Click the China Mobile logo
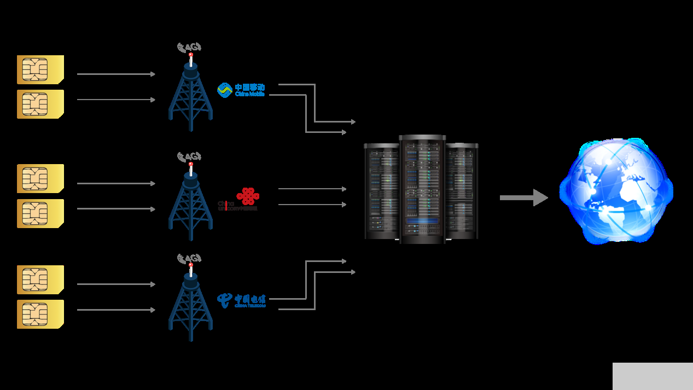point(241,90)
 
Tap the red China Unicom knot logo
point(248,196)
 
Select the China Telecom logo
point(241,300)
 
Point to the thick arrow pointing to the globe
point(523,197)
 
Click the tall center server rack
point(422,189)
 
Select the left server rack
point(382,191)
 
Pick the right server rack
point(462,191)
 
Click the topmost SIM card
point(40,69)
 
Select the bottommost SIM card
point(40,314)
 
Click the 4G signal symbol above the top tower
point(189,47)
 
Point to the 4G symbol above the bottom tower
point(189,258)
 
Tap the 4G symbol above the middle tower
point(189,156)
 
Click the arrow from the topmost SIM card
point(116,74)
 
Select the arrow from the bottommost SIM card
point(116,310)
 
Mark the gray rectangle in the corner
point(653,376)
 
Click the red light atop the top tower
point(191,55)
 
